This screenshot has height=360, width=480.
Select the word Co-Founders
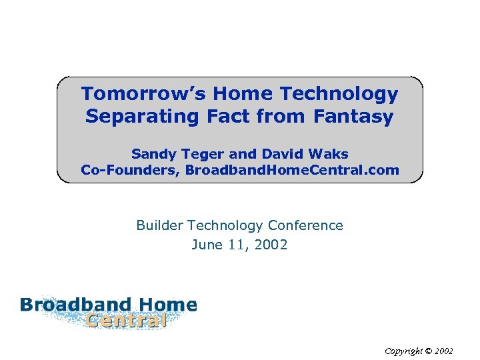tap(129, 170)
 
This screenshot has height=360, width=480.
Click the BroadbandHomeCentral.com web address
tap(292, 170)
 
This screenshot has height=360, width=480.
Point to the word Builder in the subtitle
tap(158, 225)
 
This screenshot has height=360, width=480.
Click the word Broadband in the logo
tap(75, 305)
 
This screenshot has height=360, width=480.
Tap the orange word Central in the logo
tap(126, 321)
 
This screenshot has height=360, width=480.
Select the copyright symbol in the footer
tap(429, 350)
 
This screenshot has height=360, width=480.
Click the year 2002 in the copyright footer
tap(445, 350)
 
